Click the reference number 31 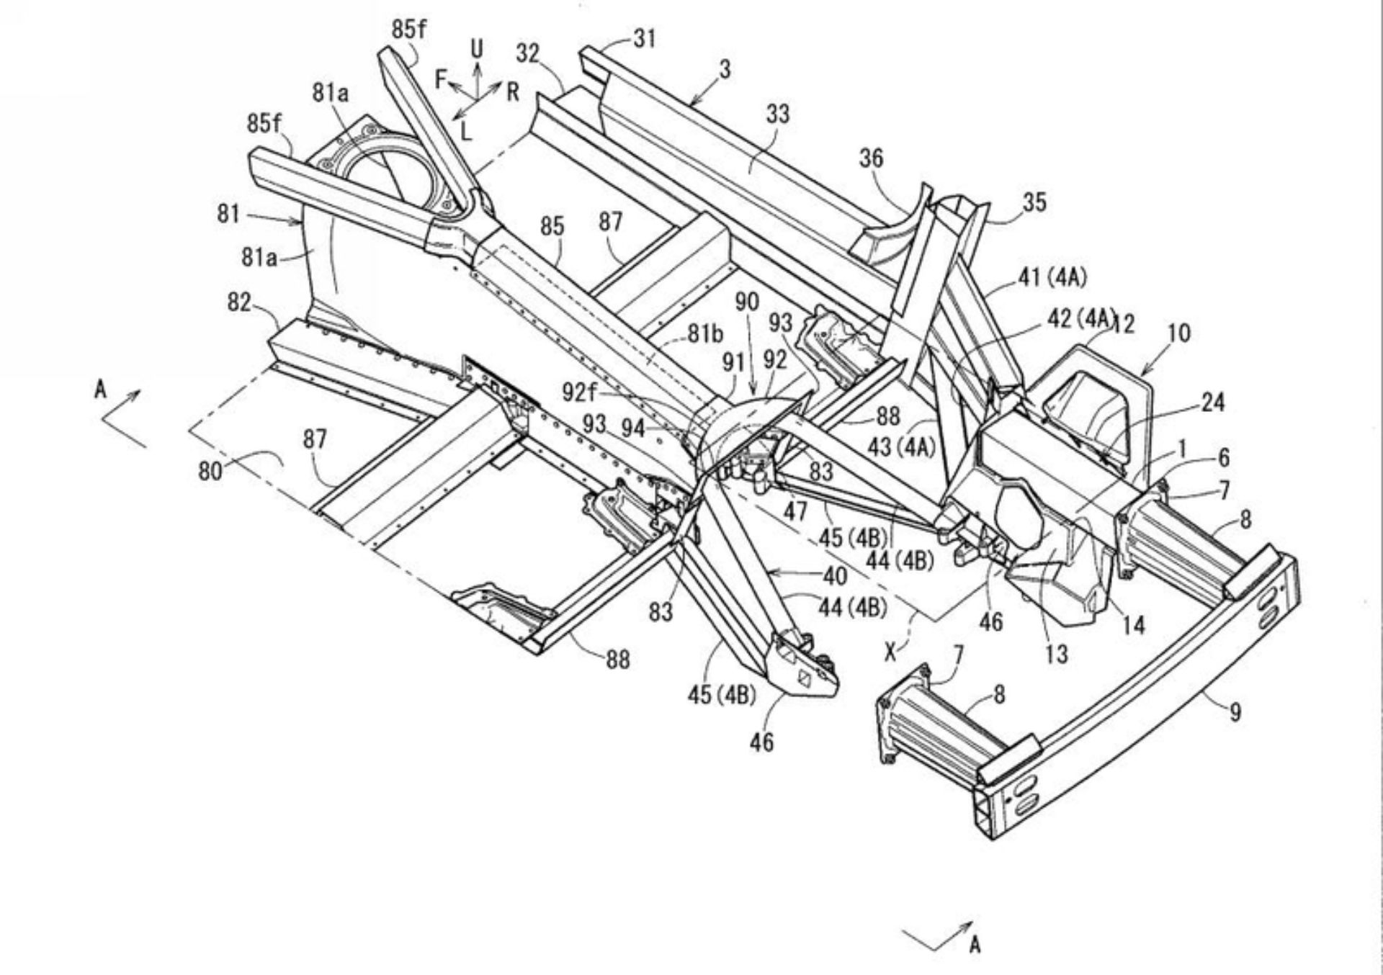[x=644, y=38]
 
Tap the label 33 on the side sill [x=777, y=114]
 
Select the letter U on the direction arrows [x=477, y=49]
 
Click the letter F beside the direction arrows [x=442, y=79]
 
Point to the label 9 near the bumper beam [x=1235, y=713]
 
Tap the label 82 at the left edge [x=239, y=302]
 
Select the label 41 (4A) [x=1052, y=277]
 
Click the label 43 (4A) [x=900, y=447]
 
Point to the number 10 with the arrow [x=1178, y=333]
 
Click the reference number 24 [x=1212, y=402]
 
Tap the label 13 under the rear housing [x=1056, y=654]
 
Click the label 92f [x=579, y=392]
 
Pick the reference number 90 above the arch [x=747, y=302]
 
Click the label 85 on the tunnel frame [x=552, y=227]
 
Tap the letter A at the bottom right [x=975, y=944]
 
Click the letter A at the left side [x=100, y=390]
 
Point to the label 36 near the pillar [x=871, y=158]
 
